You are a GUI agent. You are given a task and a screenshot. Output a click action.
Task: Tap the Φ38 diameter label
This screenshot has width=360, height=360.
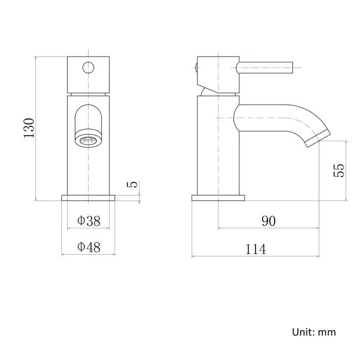[x=89, y=220]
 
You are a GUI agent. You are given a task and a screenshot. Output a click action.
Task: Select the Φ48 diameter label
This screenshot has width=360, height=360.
[x=89, y=248]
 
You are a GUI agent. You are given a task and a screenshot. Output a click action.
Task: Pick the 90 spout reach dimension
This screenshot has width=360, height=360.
[x=268, y=220]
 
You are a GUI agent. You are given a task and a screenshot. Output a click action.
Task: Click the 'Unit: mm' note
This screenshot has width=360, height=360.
[x=313, y=332]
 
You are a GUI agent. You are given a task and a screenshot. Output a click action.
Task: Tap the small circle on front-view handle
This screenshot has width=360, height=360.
[x=89, y=68]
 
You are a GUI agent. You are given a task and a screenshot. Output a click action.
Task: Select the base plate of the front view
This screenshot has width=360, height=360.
[x=88, y=198]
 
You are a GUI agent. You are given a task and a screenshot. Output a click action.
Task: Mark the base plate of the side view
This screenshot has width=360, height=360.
[x=218, y=198]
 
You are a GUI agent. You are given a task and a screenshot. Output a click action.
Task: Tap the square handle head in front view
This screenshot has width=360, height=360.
[x=88, y=74]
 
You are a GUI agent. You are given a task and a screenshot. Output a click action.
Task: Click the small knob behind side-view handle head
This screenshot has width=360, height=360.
[x=197, y=68]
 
